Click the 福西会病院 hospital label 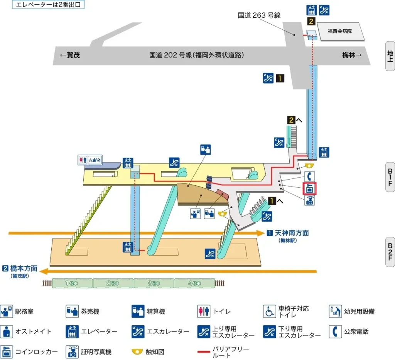point(340,31)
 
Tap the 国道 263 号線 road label point(259,15)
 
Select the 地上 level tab point(390,56)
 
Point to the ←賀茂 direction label point(70,55)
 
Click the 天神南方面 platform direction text point(291,233)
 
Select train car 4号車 point(194,283)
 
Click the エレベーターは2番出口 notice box point(48,5)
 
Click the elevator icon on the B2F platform point(127,247)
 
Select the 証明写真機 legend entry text point(96,352)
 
